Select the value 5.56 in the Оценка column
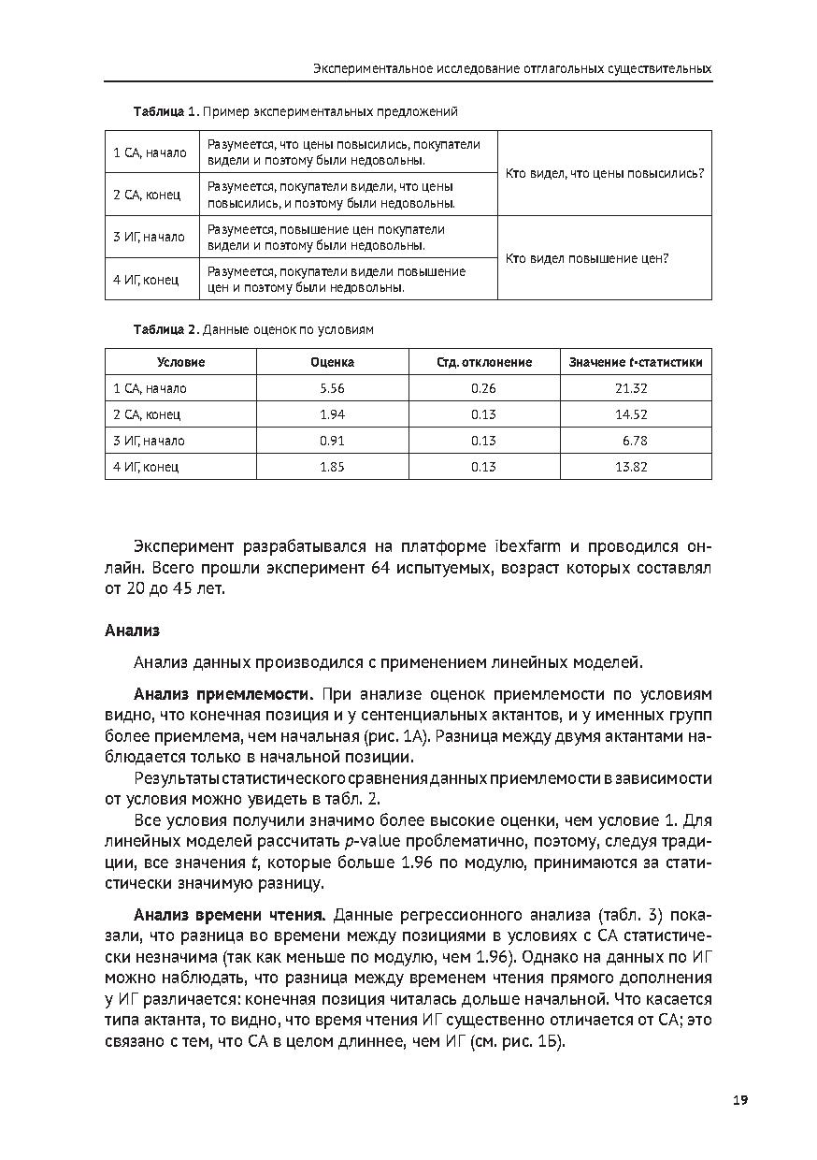coord(332,388)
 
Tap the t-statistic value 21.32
coord(631,388)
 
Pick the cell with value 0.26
coord(483,388)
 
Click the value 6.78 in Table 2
coord(634,441)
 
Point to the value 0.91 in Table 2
coord(332,441)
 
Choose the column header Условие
coord(180,362)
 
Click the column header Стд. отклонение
coord(483,362)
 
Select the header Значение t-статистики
coord(636,362)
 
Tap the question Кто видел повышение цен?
coord(587,258)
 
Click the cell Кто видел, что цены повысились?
coord(604,174)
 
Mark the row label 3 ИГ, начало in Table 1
coord(150,238)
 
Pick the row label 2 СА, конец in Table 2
coord(147,414)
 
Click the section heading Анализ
coord(132,631)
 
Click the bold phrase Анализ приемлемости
coord(222,694)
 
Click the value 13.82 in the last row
coord(631,467)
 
